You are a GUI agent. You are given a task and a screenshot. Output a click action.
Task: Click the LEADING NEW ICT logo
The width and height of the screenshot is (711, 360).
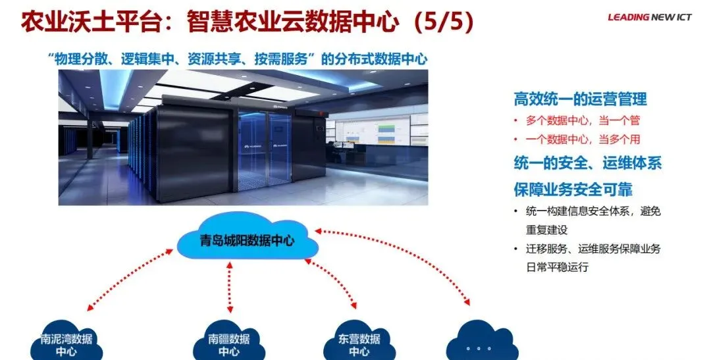pos(649,18)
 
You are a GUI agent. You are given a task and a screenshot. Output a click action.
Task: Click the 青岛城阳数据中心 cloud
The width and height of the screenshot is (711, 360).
pos(248,239)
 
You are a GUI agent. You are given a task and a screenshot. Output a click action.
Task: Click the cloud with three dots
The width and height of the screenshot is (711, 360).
pos(478,344)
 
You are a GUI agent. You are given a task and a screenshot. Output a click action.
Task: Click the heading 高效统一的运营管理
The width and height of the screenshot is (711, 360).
pos(580,99)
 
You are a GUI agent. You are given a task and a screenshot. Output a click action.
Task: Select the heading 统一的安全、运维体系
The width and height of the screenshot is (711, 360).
pos(587,163)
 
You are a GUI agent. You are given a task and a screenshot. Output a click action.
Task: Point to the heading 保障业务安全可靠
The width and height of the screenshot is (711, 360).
pos(573,190)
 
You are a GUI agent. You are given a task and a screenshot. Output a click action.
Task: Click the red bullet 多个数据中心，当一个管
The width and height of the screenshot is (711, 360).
pos(583,120)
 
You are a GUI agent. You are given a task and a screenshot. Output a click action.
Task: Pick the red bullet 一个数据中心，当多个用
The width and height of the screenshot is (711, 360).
pos(583,140)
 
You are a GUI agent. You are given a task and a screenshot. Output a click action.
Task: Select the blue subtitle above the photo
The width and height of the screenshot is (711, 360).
pos(238,59)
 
